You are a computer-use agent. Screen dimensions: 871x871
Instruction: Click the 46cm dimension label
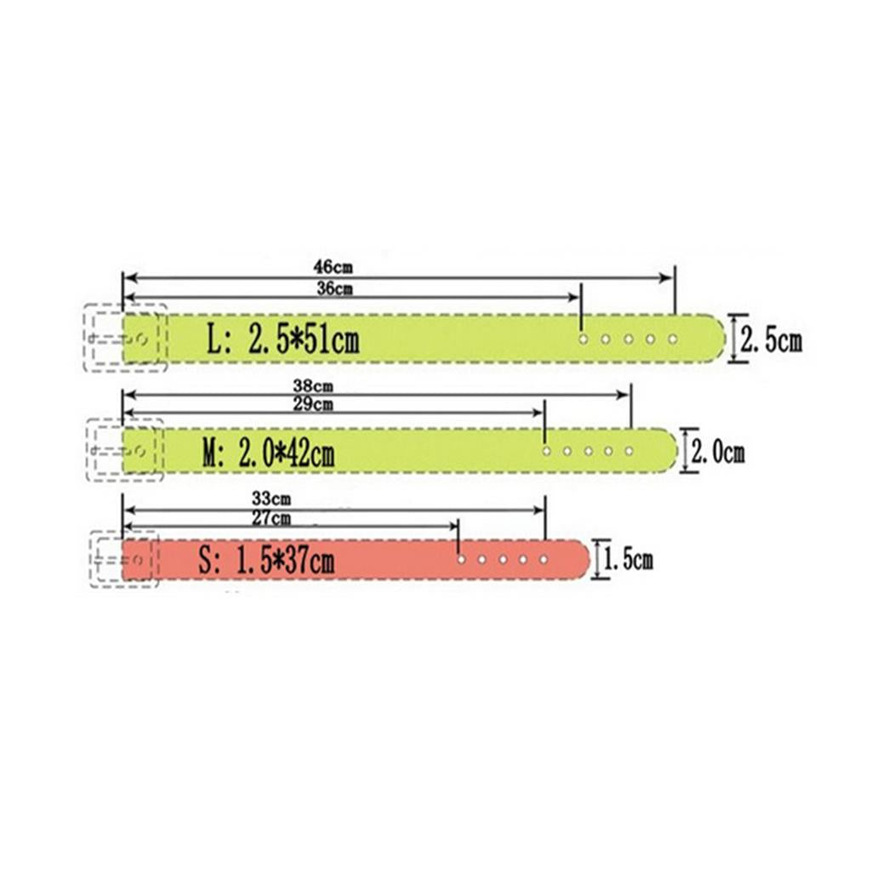click(x=333, y=267)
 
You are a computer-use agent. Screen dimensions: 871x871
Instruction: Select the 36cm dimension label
click(x=334, y=288)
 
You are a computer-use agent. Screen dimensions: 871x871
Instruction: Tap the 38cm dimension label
click(x=313, y=385)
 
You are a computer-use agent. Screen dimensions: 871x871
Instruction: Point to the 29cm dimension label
click(x=313, y=404)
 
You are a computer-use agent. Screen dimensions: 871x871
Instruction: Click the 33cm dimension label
click(x=271, y=498)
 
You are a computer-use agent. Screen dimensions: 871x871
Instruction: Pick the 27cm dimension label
click(x=271, y=518)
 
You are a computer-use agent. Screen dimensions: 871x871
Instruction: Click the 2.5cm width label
click(x=771, y=339)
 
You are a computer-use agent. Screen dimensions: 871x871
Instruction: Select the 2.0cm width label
click(x=717, y=452)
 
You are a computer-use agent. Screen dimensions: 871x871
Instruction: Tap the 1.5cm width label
click(x=629, y=560)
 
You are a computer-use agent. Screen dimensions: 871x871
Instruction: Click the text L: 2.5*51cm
click(x=282, y=339)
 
